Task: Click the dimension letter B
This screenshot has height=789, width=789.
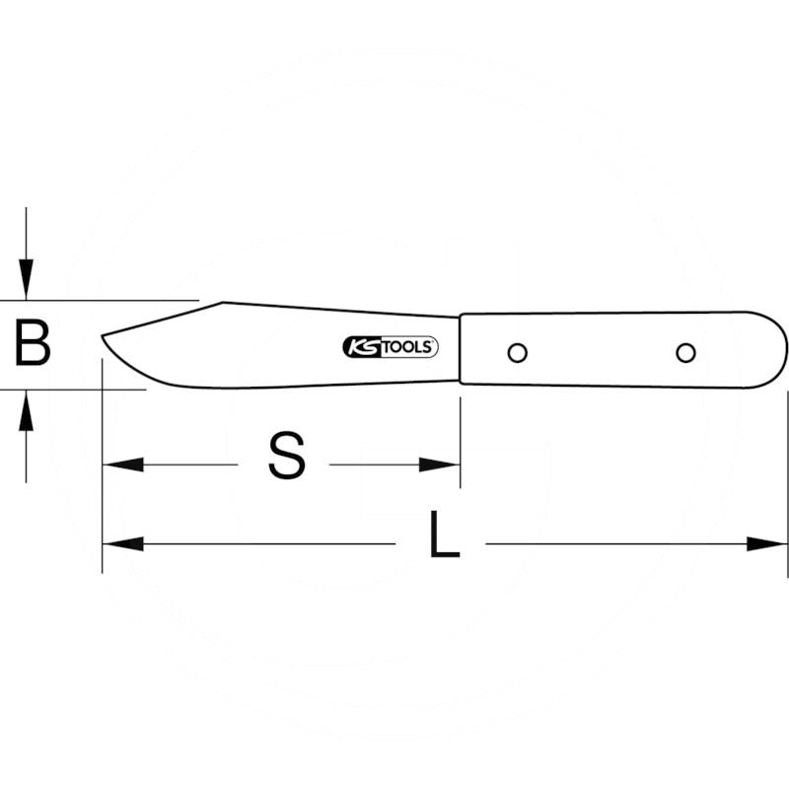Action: (x=33, y=344)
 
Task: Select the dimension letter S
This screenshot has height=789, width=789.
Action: (x=286, y=458)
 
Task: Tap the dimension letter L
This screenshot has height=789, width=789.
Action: (x=445, y=538)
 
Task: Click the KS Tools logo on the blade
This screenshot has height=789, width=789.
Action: (x=391, y=347)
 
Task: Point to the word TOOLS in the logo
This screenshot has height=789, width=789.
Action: (x=407, y=347)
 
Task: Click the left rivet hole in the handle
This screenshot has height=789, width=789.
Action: (x=517, y=352)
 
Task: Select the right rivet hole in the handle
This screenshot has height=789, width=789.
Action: (x=685, y=352)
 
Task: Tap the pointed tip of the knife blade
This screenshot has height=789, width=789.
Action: (x=104, y=338)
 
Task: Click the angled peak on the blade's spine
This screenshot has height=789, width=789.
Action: (x=224, y=303)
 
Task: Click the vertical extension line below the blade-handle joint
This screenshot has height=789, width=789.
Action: (x=460, y=434)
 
